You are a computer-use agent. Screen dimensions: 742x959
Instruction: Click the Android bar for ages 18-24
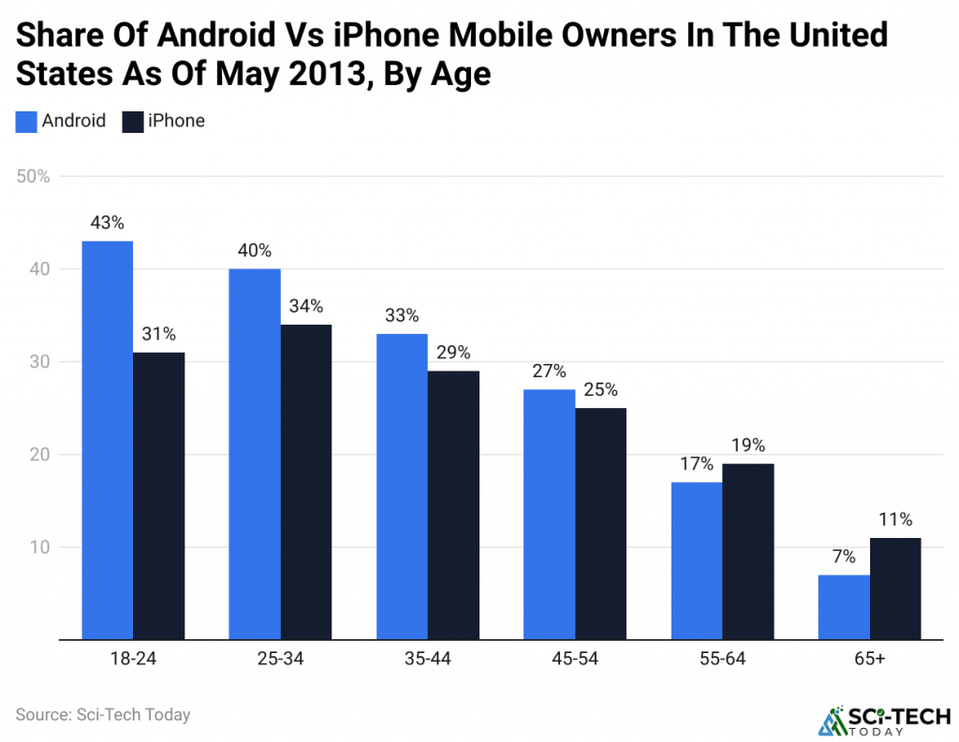(108, 440)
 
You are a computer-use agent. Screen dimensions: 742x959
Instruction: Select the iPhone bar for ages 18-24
(158, 496)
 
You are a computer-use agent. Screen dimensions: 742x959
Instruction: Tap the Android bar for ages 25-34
(255, 454)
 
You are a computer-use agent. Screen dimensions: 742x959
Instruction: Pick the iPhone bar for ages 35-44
(453, 505)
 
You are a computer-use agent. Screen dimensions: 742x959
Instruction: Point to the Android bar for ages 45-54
(550, 515)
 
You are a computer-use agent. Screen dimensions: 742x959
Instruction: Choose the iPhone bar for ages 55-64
(748, 551)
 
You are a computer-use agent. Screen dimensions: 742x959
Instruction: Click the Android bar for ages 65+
(844, 607)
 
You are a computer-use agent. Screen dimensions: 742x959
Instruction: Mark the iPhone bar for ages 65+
(895, 589)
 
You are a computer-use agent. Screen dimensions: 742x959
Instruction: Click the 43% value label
(108, 223)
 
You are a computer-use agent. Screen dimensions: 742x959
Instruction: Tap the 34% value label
(305, 306)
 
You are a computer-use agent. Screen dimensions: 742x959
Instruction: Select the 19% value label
(748, 444)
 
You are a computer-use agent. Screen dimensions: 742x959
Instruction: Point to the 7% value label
(844, 557)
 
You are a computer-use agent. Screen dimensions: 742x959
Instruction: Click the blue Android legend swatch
(26, 121)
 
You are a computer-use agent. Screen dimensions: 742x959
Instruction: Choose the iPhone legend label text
(176, 121)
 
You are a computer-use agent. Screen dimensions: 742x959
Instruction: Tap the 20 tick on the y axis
(39, 454)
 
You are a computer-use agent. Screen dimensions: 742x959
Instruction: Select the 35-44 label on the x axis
(428, 660)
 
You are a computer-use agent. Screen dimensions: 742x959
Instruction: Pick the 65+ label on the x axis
(870, 660)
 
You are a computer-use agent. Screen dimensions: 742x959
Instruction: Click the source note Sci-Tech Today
(103, 715)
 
